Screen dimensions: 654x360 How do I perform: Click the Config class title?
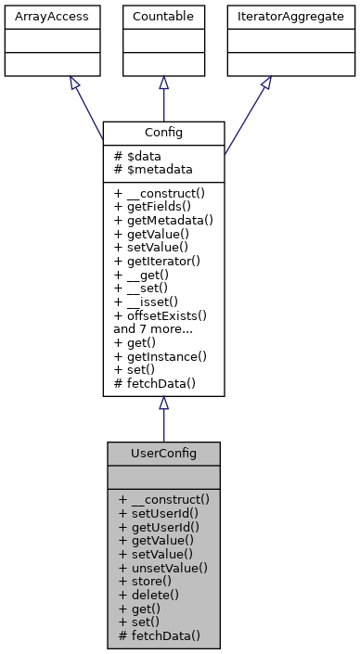(163, 133)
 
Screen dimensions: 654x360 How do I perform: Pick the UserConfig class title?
(163, 453)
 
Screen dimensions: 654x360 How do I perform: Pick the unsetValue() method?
(162, 567)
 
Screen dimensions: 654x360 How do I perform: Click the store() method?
(146, 580)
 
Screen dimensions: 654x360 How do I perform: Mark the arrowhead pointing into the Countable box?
(163, 82)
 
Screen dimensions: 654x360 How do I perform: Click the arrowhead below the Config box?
(163, 403)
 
